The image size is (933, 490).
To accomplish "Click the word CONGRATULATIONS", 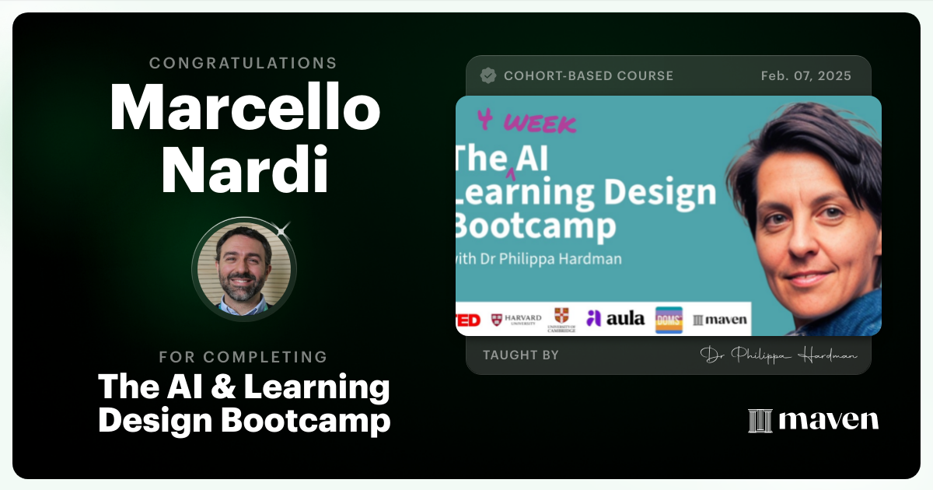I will [243, 64].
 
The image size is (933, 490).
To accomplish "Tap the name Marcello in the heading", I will [244, 107].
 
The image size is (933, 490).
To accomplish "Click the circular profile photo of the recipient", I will [244, 268].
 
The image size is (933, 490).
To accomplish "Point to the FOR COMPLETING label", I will [243, 357].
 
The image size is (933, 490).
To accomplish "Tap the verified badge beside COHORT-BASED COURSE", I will [488, 75].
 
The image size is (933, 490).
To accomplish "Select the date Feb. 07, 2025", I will [805, 75].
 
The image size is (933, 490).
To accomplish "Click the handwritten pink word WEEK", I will [540, 123].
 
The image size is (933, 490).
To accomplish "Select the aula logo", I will [615, 318].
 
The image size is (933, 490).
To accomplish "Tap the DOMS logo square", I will [669, 320].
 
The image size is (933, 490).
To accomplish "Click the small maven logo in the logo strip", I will [720, 320].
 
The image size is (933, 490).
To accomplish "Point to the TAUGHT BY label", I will [521, 355].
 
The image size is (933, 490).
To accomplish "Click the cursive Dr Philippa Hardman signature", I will [779, 355].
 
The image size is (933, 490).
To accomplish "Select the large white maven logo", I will [813, 420].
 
